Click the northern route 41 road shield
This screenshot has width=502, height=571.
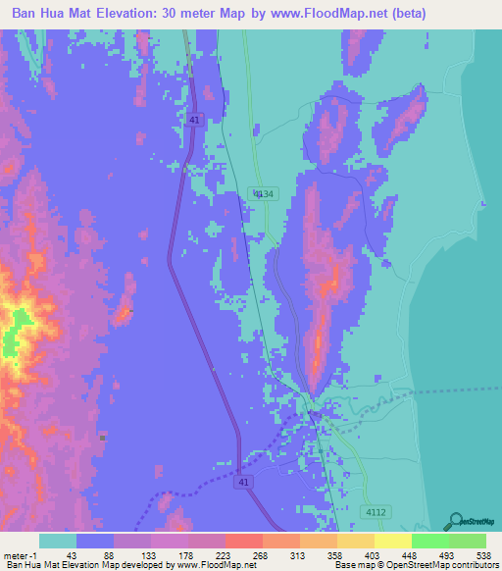click(195, 121)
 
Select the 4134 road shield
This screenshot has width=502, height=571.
click(261, 194)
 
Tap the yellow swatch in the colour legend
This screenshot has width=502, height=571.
click(392, 541)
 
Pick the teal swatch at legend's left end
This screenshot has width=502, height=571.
click(58, 541)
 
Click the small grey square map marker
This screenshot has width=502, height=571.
click(102, 436)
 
